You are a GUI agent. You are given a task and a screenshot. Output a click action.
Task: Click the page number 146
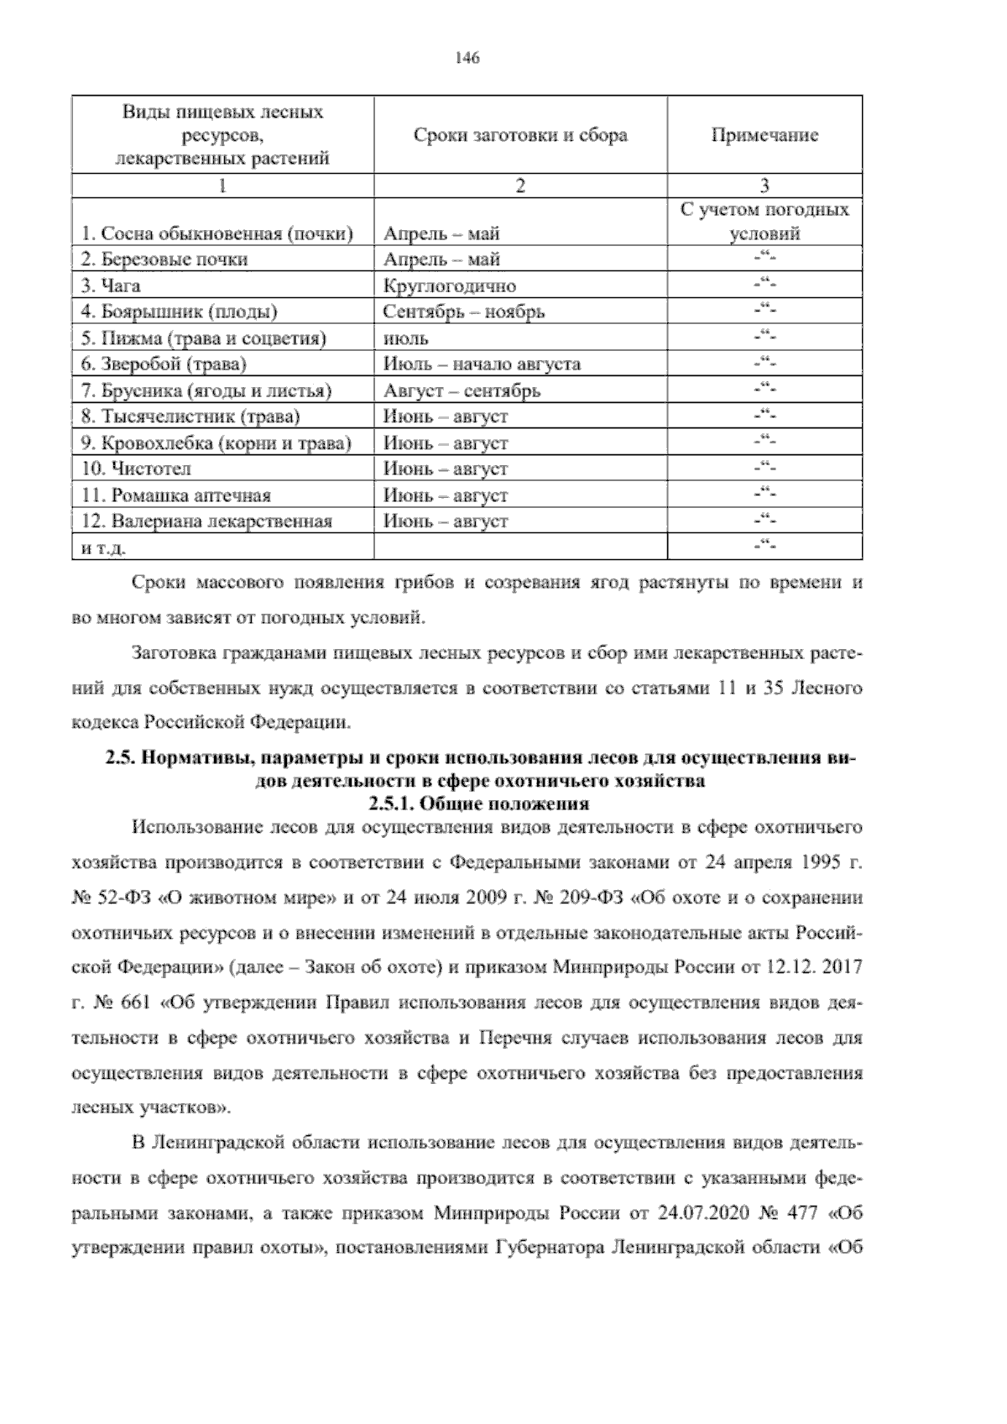467,58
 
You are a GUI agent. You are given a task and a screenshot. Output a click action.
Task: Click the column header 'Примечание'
764,135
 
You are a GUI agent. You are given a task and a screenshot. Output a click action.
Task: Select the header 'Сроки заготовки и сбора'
520,135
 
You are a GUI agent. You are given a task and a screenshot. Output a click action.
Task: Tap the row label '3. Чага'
110,286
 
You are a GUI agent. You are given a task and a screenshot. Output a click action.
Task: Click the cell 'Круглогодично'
449,286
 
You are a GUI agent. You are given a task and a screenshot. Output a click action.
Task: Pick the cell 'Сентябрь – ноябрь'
464,312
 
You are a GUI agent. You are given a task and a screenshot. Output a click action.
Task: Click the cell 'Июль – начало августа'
482,364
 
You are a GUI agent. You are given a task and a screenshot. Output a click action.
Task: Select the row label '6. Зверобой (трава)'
164,364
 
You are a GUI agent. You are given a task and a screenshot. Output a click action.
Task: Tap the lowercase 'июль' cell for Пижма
406,338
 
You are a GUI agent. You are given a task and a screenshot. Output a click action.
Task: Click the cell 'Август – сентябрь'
462,390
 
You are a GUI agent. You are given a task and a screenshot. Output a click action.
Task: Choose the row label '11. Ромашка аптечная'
175,495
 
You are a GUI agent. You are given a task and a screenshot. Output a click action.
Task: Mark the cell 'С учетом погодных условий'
764,222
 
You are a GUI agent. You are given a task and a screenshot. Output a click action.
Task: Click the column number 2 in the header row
520,186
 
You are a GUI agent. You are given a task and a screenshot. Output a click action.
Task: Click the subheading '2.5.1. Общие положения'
479,804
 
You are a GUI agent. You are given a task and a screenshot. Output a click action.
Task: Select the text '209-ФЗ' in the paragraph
592,897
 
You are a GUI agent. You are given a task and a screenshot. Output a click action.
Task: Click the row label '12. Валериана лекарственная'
206,521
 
